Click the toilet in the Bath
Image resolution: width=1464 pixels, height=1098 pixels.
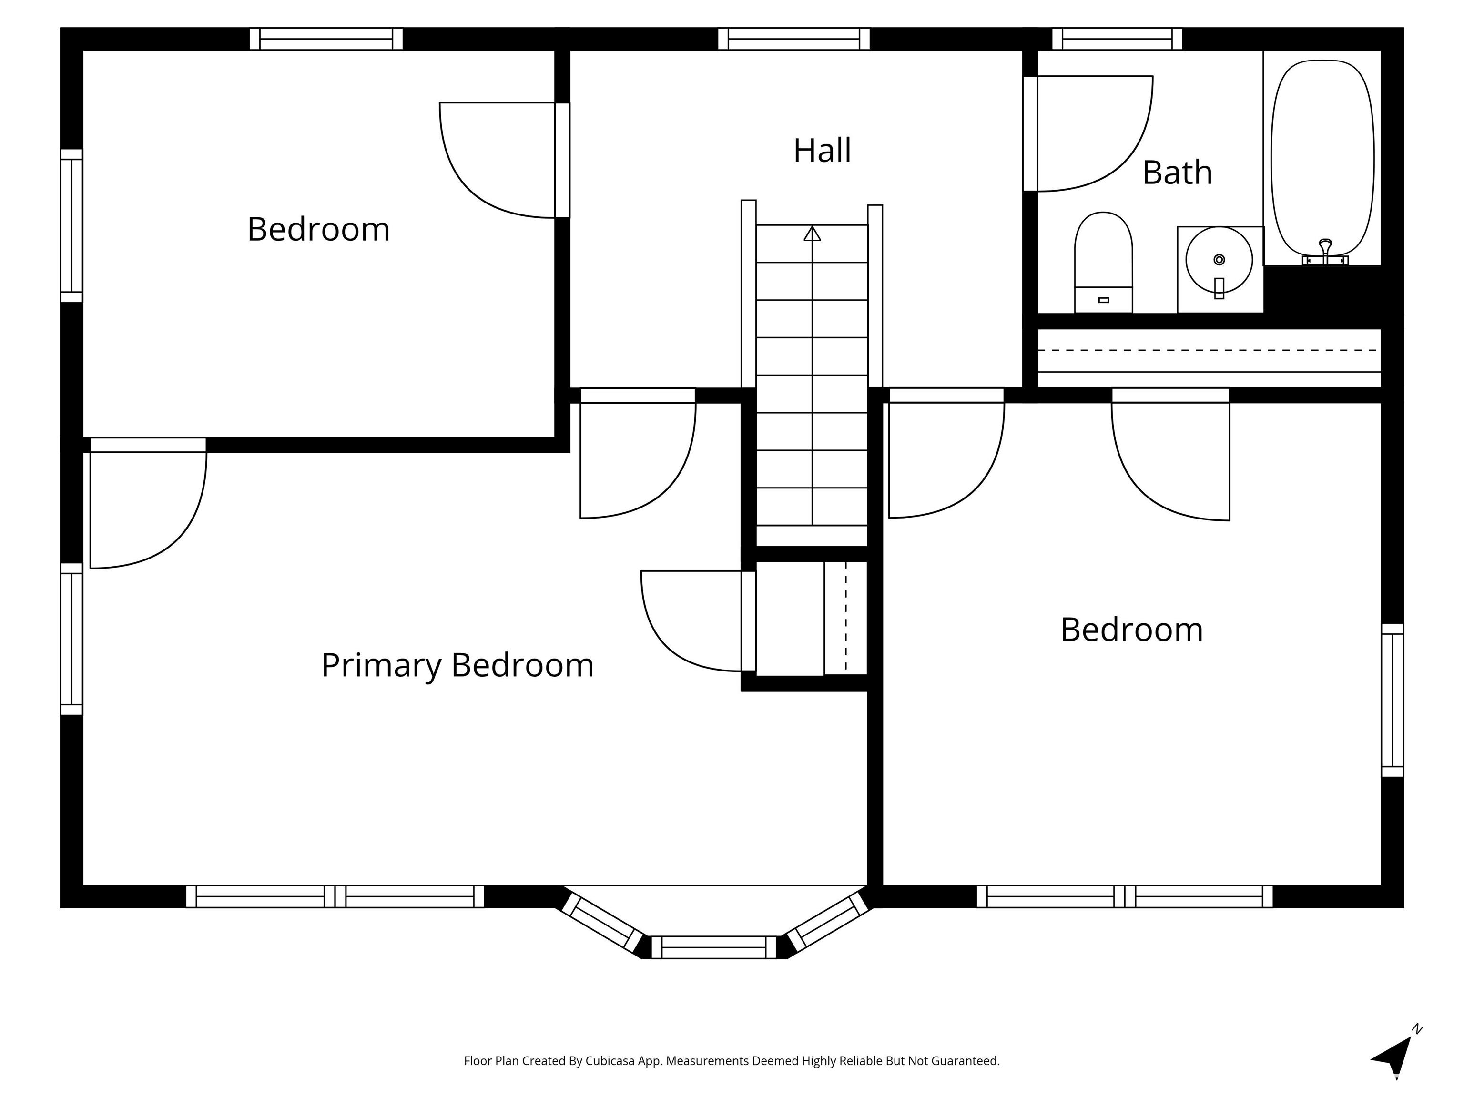pos(1103,258)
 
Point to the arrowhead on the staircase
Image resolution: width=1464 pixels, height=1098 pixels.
pos(812,234)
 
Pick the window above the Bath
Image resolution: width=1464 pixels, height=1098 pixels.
pos(1117,39)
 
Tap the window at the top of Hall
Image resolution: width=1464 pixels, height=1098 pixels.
pos(793,39)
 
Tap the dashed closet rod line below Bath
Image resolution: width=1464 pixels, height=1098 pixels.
pos(1208,350)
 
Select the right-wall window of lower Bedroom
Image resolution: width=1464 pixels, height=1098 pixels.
pos(1392,700)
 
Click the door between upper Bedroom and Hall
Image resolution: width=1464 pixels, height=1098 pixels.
pos(562,160)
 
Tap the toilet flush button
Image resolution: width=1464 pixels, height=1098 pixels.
pos(1103,300)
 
